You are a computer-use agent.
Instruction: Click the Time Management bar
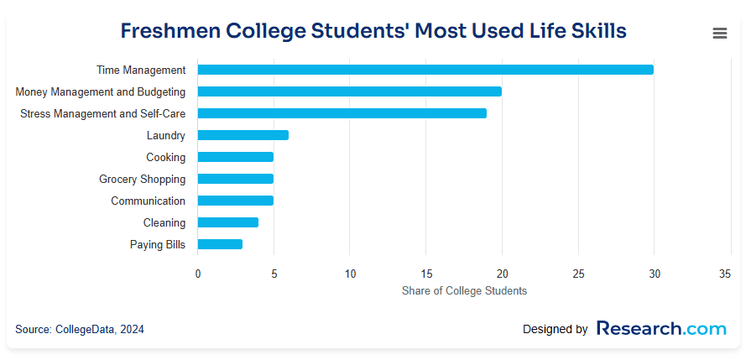click(425, 70)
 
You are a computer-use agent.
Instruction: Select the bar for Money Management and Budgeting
click(349, 91)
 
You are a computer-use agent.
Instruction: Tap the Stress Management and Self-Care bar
click(342, 113)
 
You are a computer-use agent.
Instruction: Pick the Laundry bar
click(243, 135)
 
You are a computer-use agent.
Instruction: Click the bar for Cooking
click(235, 157)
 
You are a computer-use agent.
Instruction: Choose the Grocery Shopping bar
click(235, 179)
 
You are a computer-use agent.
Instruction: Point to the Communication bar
click(235, 201)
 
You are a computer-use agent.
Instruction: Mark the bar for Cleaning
click(227, 222)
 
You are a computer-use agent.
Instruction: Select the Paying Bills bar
click(220, 244)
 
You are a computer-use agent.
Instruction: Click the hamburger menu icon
click(719, 34)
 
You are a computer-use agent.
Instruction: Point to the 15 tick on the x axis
click(425, 274)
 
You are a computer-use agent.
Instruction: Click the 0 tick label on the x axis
click(198, 274)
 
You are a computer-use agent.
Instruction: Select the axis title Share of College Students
click(464, 290)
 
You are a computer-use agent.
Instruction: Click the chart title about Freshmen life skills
click(373, 32)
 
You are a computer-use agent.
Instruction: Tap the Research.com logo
click(661, 328)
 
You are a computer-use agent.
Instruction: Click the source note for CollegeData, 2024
click(80, 330)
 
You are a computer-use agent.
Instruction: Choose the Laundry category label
click(166, 135)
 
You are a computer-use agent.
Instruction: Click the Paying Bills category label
click(158, 244)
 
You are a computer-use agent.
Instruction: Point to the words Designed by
click(555, 330)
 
